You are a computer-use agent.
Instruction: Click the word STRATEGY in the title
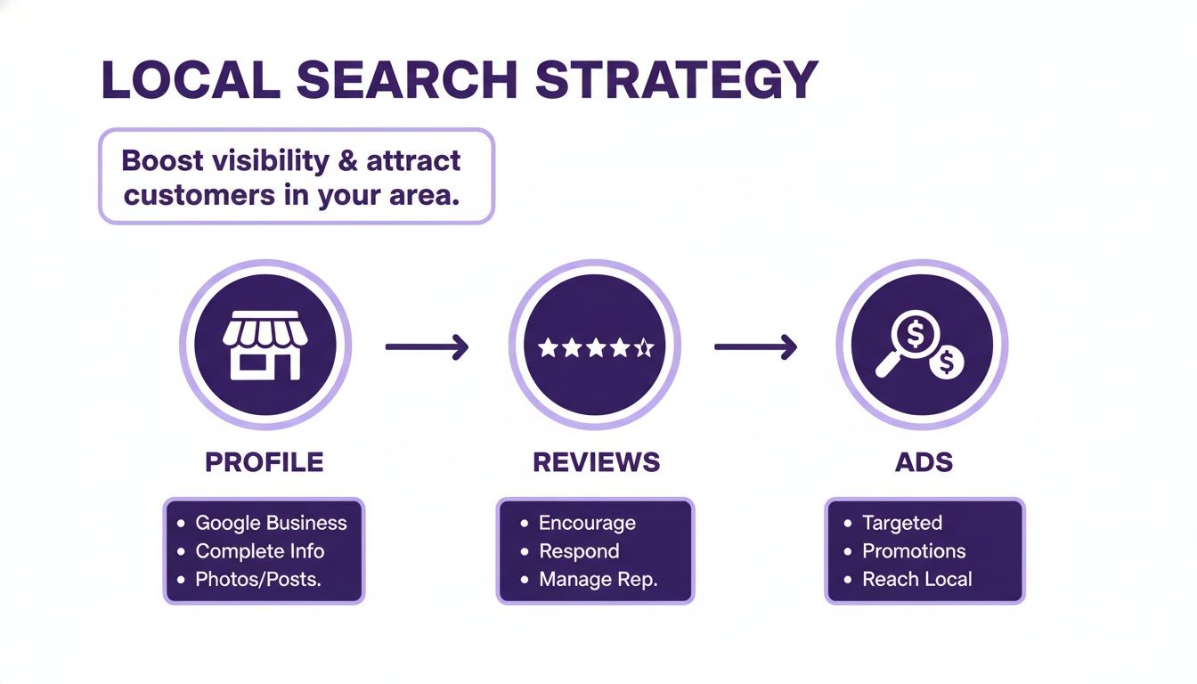coord(677,80)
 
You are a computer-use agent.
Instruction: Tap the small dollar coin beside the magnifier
coord(947,362)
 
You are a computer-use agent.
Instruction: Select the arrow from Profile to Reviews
coord(427,346)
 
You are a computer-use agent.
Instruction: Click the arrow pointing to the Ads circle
coord(755,346)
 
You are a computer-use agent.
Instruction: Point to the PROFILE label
coord(265,462)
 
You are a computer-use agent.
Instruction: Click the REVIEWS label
coord(597,462)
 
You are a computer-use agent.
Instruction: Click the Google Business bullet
coord(271,523)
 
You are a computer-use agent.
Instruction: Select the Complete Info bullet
coord(259,551)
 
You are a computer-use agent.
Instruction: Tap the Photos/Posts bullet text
coord(258,580)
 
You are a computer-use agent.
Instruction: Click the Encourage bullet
coord(587,523)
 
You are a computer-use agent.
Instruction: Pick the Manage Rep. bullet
coord(598,580)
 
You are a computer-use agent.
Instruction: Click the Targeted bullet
coord(901,523)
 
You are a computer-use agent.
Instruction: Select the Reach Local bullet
coord(916,580)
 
